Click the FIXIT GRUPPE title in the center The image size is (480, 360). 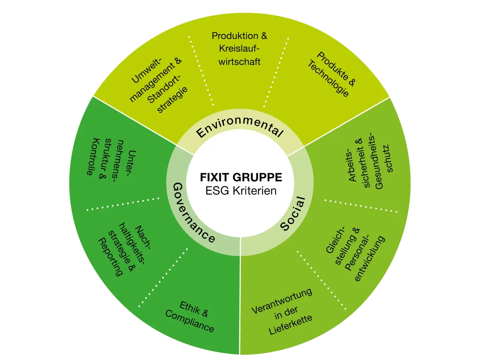point(241,177)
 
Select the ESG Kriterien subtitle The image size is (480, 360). point(241,191)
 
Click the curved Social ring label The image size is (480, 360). point(293,213)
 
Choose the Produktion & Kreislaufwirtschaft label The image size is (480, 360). point(239,48)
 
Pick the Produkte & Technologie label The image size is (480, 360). point(332,74)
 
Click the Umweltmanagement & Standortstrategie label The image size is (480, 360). point(159,85)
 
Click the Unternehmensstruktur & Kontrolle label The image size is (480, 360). point(111,162)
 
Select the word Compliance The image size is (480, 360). point(189,321)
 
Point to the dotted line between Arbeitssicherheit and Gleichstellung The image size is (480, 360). point(361,206)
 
